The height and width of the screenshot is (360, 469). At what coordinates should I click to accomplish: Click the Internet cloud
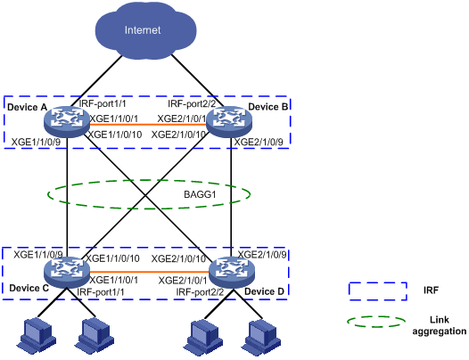point(145,29)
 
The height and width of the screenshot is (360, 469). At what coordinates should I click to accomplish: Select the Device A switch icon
point(66,122)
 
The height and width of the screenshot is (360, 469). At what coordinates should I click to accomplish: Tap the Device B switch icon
point(229,122)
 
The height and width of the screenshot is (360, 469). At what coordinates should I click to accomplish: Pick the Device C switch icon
point(66,272)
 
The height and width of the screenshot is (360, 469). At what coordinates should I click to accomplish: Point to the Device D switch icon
point(232,273)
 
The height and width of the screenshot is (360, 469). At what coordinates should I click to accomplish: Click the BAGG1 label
point(200,194)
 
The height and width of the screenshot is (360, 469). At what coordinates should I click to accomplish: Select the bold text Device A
point(28,107)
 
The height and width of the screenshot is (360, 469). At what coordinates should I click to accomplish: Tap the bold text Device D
point(265,291)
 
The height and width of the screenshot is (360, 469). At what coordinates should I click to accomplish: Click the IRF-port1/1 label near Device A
point(103,103)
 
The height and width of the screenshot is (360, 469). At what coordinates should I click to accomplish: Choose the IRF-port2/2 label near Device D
point(200,291)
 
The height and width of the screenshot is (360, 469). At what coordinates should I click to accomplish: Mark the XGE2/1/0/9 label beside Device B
point(259,142)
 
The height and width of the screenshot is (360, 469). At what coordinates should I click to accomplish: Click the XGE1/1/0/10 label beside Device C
point(112,258)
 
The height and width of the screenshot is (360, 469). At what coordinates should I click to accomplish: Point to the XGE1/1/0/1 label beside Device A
point(114,119)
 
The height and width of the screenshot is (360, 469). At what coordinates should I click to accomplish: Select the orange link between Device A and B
point(148,125)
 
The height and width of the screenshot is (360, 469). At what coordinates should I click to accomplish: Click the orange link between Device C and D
point(149,272)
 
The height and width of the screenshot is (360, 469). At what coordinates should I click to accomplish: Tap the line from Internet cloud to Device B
point(197,80)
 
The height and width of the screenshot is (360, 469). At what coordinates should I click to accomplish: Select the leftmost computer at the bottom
point(37,336)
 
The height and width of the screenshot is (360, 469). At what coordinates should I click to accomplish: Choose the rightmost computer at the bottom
point(262,337)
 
